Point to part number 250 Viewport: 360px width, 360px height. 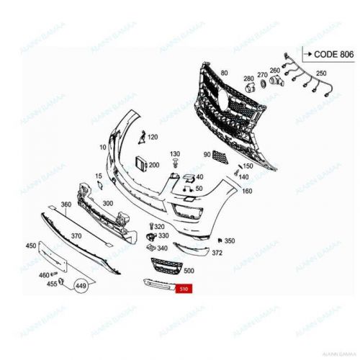coord(321,73)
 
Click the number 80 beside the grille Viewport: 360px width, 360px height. coord(224,73)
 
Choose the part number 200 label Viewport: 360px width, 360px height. coord(153,165)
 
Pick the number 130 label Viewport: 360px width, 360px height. coord(175,154)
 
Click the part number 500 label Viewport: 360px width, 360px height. coord(189,271)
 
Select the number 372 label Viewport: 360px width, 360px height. coord(217,253)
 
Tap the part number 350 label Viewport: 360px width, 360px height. coord(230,240)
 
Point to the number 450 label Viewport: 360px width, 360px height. coord(31,246)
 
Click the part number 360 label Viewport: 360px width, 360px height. coord(66,204)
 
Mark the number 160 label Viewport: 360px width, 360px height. coord(247,191)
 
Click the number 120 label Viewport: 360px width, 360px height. coord(153,136)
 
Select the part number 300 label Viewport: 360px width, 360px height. coord(108,204)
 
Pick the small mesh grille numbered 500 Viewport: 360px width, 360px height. coord(166,266)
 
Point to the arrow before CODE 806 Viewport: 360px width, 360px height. coord(305,53)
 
